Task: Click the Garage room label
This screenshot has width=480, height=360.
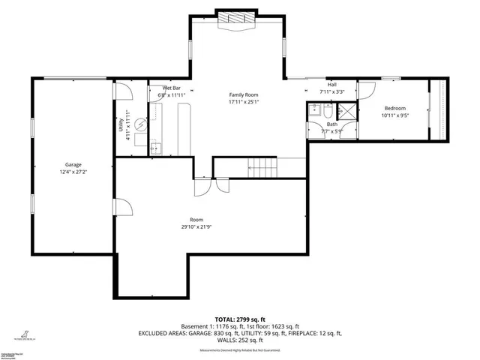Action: point(73,164)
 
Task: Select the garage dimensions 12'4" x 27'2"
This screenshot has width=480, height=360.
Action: point(73,172)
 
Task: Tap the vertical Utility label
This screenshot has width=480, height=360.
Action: point(121,126)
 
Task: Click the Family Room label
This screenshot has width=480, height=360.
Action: point(244,94)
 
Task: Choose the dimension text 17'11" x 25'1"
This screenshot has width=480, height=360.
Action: point(244,103)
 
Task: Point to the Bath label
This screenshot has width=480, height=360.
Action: point(331,124)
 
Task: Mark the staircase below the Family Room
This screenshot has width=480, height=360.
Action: point(262,166)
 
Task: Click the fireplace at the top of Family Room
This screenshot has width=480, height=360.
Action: point(237,21)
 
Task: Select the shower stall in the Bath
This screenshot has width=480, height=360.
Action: point(348,112)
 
